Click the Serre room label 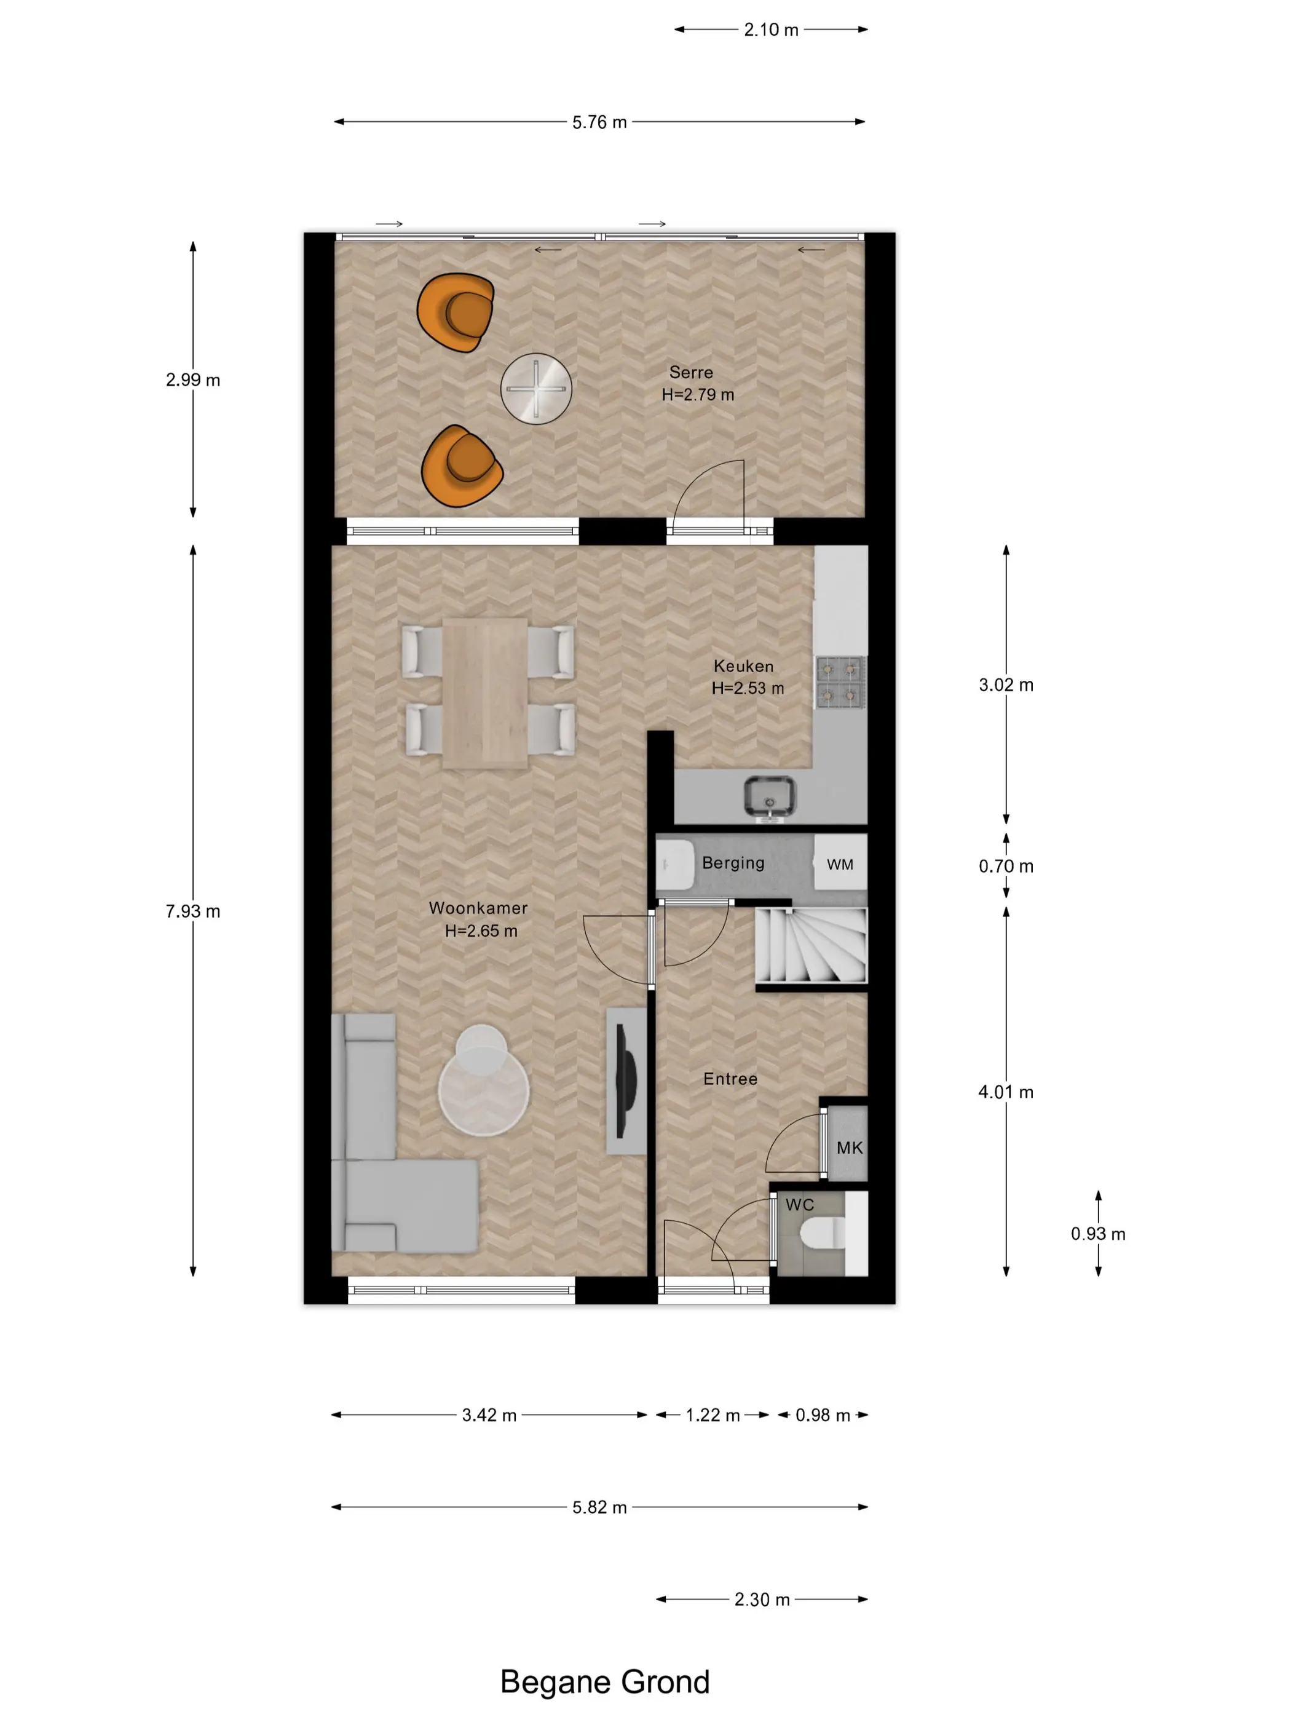coord(691,372)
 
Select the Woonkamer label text coord(478,908)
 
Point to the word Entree coord(730,1079)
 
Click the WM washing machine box coord(840,863)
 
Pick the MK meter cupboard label coord(850,1148)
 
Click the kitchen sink coord(770,796)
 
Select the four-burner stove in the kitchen coord(841,682)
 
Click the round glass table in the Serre coord(536,389)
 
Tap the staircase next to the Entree coord(811,945)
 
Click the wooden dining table coord(486,693)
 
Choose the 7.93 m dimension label coord(192,911)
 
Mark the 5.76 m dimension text coord(599,122)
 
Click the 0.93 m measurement coord(1098,1234)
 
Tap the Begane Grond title coord(605,1681)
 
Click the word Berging coord(733,863)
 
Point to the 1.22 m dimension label coord(712,1414)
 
